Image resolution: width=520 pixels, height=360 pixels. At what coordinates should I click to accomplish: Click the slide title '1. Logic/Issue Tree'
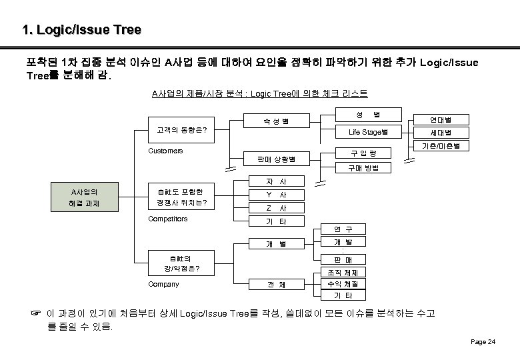81,30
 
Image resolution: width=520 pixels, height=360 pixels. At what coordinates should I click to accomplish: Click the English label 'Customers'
165,151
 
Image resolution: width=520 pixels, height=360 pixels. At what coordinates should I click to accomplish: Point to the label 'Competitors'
167,219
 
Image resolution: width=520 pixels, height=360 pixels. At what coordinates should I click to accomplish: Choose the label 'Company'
163,284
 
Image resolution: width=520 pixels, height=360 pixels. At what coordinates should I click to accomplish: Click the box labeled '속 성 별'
275,121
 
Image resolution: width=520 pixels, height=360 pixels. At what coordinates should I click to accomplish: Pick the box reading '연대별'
441,119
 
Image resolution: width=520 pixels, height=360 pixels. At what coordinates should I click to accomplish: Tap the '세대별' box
441,132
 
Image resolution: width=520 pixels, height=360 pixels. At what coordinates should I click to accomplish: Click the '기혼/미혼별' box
441,145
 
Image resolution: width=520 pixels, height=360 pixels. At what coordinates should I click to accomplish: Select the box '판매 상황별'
275,159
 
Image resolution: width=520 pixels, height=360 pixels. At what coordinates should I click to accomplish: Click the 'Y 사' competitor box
275,195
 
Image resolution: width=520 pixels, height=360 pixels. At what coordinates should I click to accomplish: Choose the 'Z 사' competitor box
275,208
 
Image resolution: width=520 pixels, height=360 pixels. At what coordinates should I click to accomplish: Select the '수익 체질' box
343,284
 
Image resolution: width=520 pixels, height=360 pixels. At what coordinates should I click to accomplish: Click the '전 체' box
275,285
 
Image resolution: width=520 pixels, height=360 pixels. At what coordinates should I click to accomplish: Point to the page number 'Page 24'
483,341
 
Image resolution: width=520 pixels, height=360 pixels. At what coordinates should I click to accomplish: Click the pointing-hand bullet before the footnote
39,313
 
